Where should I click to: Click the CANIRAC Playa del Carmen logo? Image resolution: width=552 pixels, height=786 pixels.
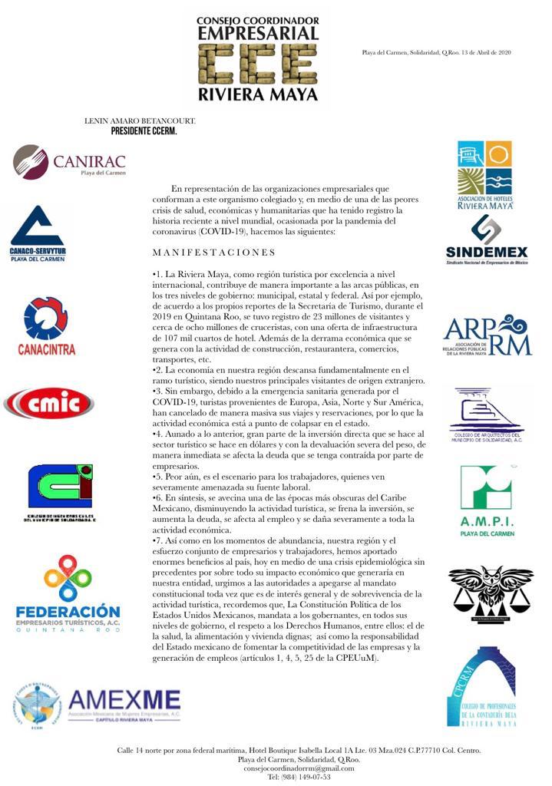(69, 161)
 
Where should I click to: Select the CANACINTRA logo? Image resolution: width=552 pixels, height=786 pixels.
(46, 327)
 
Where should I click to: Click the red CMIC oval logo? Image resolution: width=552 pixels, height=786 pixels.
(49, 403)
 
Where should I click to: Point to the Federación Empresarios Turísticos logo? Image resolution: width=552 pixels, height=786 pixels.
(68, 593)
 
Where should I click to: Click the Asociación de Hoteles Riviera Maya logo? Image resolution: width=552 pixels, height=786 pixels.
(484, 176)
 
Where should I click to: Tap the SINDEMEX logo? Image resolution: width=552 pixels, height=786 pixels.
(486, 239)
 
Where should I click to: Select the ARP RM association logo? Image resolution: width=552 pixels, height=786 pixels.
(487, 335)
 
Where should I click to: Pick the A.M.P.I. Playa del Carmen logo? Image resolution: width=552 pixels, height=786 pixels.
(486, 500)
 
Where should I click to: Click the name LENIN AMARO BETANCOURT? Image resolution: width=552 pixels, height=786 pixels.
(140, 121)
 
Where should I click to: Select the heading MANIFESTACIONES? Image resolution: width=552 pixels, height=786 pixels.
(213, 253)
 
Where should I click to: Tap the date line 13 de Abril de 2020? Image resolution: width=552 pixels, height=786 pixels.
(437, 52)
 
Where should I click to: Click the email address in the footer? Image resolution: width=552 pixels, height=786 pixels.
(299, 768)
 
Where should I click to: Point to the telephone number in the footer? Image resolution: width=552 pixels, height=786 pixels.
(299, 777)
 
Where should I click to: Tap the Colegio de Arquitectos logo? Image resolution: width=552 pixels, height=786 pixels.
(486, 416)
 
